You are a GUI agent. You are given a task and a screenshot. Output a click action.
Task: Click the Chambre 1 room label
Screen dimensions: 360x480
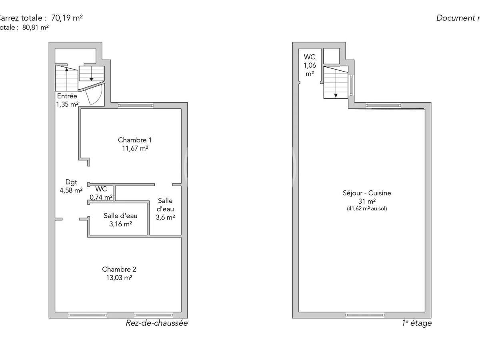coord(134,140)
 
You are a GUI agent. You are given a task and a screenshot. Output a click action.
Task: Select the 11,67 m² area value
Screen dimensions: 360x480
coord(135,148)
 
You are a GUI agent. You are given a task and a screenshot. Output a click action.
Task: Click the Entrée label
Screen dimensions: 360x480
coord(67,96)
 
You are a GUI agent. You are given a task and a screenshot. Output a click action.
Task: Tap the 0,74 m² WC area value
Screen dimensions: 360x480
coord(101,197)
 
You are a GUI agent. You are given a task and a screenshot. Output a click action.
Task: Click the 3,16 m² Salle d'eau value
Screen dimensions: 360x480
coord(120,224)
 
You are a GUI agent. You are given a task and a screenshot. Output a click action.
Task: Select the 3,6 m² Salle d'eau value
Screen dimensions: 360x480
coord(165,218)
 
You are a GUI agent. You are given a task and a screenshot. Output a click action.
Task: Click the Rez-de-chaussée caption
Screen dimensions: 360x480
coord(156,323)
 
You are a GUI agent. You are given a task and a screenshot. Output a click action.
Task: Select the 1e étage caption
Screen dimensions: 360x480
coord(416,323)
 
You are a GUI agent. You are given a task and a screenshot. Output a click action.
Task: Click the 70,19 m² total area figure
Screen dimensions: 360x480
coord(67,18)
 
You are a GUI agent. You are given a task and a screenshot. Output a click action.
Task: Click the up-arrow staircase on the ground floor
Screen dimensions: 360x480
coord(66,78)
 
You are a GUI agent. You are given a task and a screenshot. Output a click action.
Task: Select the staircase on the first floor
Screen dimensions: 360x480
coord(336,82)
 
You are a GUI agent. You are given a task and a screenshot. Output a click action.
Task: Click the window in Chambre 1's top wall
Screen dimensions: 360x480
coord(136,106)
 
